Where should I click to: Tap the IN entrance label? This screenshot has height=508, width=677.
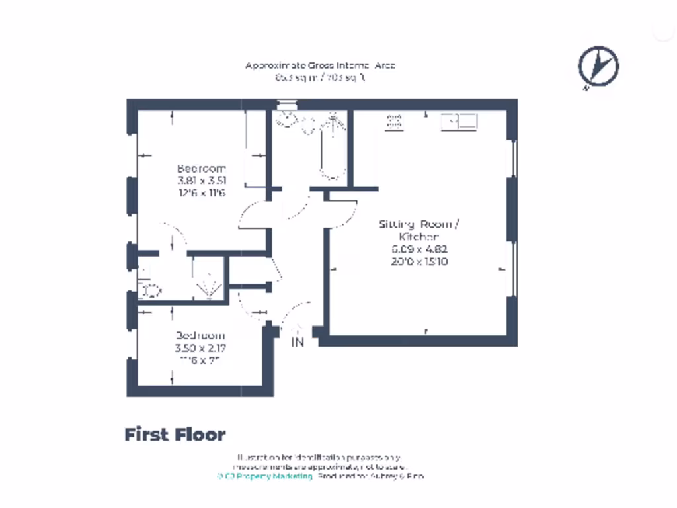point(298,343)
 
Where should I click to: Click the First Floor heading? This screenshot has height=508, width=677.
point(175,435)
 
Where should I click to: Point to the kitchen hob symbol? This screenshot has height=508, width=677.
point(395,121)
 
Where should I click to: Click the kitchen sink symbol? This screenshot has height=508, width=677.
point(459,121)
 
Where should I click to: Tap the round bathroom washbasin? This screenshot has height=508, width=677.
point(287,119)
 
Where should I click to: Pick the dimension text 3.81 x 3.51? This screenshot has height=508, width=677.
point(201,181)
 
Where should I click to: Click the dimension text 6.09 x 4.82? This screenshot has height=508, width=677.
point(418,249)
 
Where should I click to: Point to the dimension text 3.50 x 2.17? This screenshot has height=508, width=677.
point(201,348)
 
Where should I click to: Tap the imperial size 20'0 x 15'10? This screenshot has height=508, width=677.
point(418,262)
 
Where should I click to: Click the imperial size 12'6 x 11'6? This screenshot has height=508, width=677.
point(201,193)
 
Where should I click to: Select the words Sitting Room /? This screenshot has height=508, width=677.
point(418,224)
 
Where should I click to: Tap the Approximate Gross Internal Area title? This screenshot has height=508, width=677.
point(320,65)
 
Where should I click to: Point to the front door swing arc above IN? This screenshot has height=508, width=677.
point(298,311)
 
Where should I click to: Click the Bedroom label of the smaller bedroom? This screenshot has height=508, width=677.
point(200,335)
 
